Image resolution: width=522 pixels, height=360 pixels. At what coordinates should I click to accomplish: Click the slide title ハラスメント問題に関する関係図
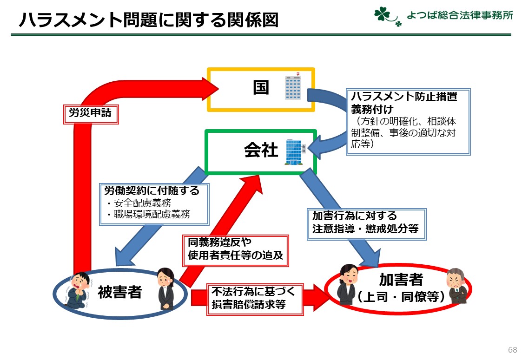[x=148, y=20]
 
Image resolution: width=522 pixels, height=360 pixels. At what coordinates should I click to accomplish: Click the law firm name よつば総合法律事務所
[x=459, y=15]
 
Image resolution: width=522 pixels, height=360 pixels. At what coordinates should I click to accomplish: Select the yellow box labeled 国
[x=261, y=89]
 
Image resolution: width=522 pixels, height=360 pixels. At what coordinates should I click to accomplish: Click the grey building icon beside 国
[x=293, y=86]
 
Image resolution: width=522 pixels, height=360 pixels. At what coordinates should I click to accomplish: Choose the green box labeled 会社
[x=261, y=151]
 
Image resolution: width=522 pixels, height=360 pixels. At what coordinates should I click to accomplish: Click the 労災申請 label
[x=91, y=113]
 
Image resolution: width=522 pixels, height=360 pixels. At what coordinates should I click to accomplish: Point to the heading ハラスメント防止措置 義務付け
[x=404, y=103]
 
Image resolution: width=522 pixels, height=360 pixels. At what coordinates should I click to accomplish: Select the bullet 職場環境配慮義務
[x=147, y=214]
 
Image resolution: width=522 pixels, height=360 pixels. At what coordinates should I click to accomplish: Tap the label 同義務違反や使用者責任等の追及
[x=235, y=249]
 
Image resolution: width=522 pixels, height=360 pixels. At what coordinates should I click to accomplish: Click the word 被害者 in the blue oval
[x=119, y=292]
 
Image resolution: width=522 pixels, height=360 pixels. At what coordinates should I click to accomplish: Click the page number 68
[x=512, y=350]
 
